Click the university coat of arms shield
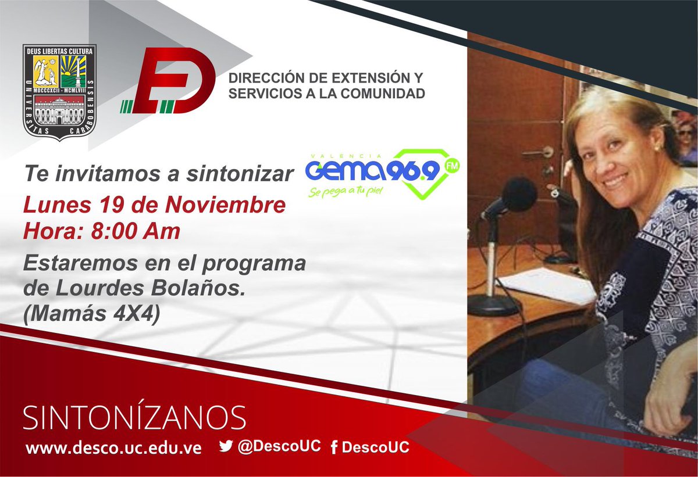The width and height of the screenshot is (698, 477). tap(59, 93)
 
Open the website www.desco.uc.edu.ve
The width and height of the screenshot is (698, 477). tap(114, 449)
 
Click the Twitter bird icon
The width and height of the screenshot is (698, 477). tap(226, 446)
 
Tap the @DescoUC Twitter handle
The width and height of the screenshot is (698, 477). tap(279, 446)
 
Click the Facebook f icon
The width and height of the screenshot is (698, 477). tap(334, 448)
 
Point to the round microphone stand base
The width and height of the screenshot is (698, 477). tap(494, 304)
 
